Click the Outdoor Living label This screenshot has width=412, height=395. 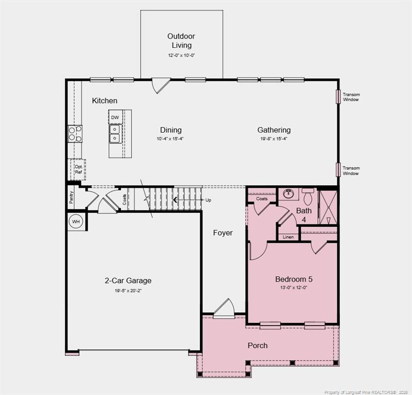coord(181,41)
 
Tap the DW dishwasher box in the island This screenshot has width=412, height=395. coord(115,118)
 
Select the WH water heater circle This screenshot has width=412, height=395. coord(76,222)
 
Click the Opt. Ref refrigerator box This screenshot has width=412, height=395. coord(78,169)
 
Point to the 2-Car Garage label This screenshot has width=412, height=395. coord(128,281)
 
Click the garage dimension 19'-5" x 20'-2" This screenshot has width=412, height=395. coord(128,291)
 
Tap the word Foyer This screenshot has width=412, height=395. coord(223,233)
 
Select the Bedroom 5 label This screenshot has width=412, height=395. coord(294,279)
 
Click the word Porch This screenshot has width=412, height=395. coord(257,346)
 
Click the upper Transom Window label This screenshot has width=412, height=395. coord(351,97)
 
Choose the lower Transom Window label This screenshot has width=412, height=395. coord(351,170)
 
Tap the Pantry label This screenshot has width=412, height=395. coord(71,197)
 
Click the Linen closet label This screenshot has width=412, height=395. coord(288,237)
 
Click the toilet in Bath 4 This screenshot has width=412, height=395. coord(308,196)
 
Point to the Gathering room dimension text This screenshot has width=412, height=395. coord(274,139)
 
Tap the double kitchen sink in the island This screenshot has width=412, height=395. coord(114,135)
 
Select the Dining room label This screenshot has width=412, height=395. coord(170,130)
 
